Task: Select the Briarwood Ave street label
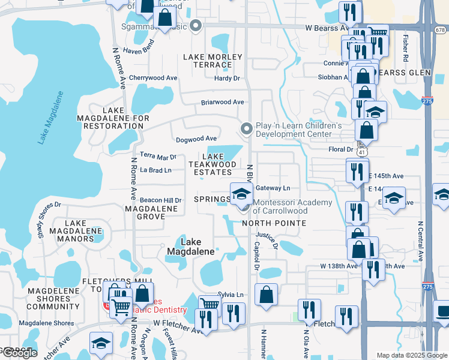pyautogui.click(x=222, y=103)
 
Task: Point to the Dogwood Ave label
pyautogui.click(x=195, y=140)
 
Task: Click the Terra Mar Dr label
pyautogui.click(x=158, y=157)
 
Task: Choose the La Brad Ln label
pyautogui.click(x=155, y=170)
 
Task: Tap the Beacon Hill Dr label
pyautogui.click(x=160, y=200)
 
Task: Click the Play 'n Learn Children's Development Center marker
pyautogui.click(x=246, y=128)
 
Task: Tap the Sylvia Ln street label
pyautogui.click(x=231, y=295)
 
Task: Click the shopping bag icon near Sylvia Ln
pyautogui.click(x=266, y=295)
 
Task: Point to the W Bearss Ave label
pyautogui.click(x=327, y=28)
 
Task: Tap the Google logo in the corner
pyautogui.click(x=20, y=353)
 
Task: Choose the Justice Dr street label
pyautogui.click(x=267, y=239)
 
